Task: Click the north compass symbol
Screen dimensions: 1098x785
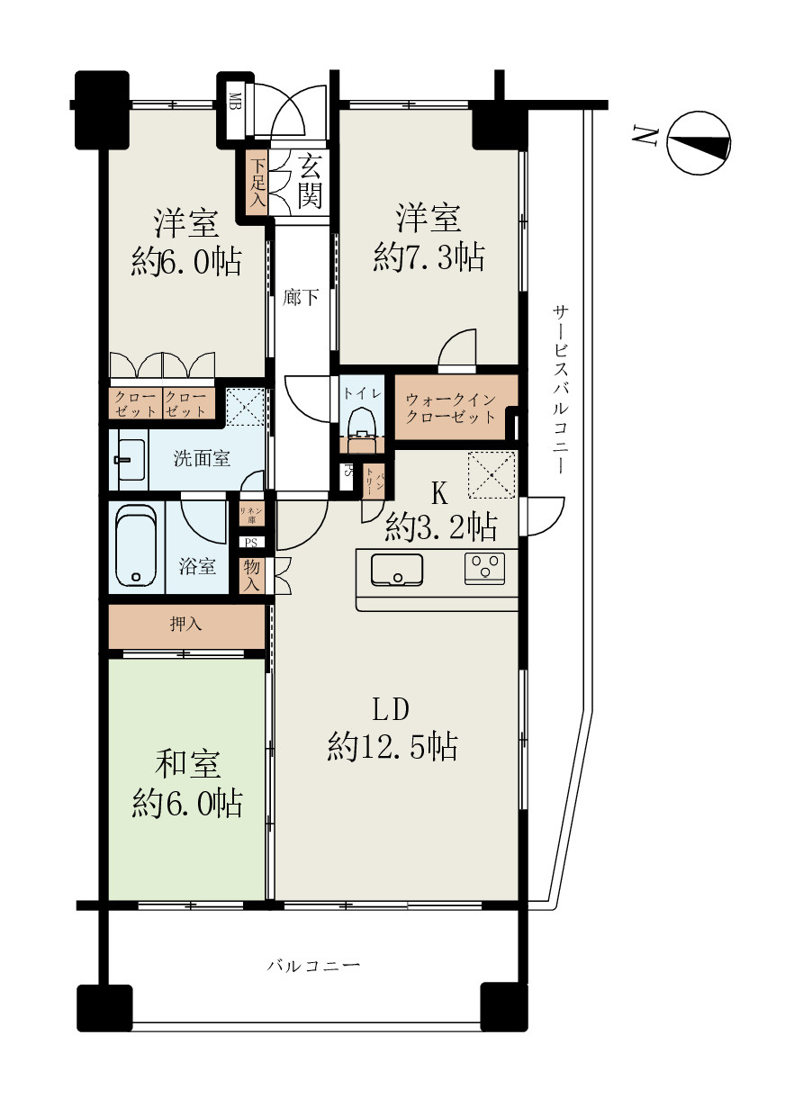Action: coord(699,142)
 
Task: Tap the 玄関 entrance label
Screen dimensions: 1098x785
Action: coord(309,182)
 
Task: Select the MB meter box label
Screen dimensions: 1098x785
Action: coord(233,100)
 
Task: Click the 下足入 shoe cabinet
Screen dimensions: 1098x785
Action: coord(257,183)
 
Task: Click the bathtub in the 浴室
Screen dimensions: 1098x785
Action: coord(136,546)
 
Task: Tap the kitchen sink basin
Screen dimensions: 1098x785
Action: coord(397,569)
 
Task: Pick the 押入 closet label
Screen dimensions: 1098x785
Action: coord(185,625)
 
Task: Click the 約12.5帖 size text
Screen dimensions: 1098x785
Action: coord(392,747)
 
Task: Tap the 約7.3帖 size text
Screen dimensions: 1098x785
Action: coord(429,257)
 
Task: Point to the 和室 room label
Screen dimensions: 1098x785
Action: coord(187,764)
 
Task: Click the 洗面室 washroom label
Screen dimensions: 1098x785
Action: coord(202,458)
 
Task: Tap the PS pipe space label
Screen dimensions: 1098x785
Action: coord(251,543)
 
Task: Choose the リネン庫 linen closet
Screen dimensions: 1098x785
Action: coord(251,515)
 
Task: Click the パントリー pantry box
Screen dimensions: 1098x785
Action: coord(374,483)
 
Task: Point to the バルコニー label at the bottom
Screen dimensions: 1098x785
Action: coord(313,966)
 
